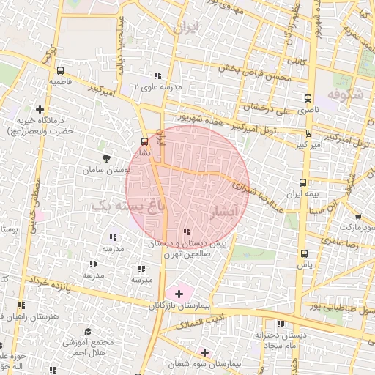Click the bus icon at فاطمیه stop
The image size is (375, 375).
[59, 71]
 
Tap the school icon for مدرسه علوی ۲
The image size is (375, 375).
[157, 75]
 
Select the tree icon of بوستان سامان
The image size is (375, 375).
[108, 157]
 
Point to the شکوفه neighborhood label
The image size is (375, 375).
[345, 94]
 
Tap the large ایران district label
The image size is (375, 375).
[185, 28]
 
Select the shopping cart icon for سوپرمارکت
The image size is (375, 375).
[357, 217]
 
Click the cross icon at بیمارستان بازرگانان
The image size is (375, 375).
[179, 293]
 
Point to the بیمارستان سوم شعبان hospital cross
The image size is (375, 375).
[204, 352]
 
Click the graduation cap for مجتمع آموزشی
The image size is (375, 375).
[87, 332]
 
